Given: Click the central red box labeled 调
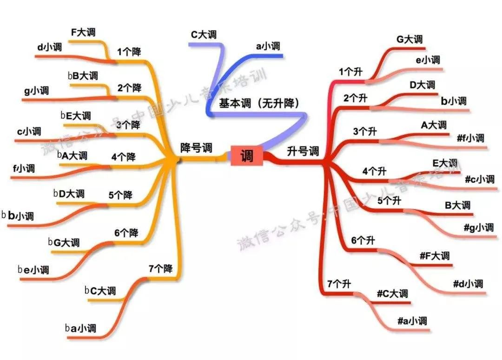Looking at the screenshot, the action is click(247, 156).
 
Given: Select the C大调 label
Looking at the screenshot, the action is click(204, 34).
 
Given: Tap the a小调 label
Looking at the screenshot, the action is click(268, 46).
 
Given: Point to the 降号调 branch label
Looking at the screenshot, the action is click(196, 148).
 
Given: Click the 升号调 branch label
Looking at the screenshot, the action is click(303, 151).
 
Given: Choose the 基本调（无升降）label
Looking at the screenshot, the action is click(259, 103).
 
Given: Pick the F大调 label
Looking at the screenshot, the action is click(83, 33).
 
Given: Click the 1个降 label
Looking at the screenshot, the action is click(129, 52).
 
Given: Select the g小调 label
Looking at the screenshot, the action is click(37, 91).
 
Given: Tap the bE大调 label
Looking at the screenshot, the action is click(76, 116).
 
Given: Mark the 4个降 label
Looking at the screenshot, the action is click(124, 157).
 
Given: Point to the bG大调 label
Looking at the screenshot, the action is click(64, 242).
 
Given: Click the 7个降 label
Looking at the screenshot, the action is click(161, 268).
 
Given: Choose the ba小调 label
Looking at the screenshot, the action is click(81, 328).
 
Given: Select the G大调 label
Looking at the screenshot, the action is click(410, 39).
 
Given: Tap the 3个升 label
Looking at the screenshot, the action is click(365, 131).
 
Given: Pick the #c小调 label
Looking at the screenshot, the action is click(480, 179).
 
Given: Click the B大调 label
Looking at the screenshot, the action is click(457, 205).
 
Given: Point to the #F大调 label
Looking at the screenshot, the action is click(435, 255).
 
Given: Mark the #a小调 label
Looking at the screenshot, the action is click(412, 321).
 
